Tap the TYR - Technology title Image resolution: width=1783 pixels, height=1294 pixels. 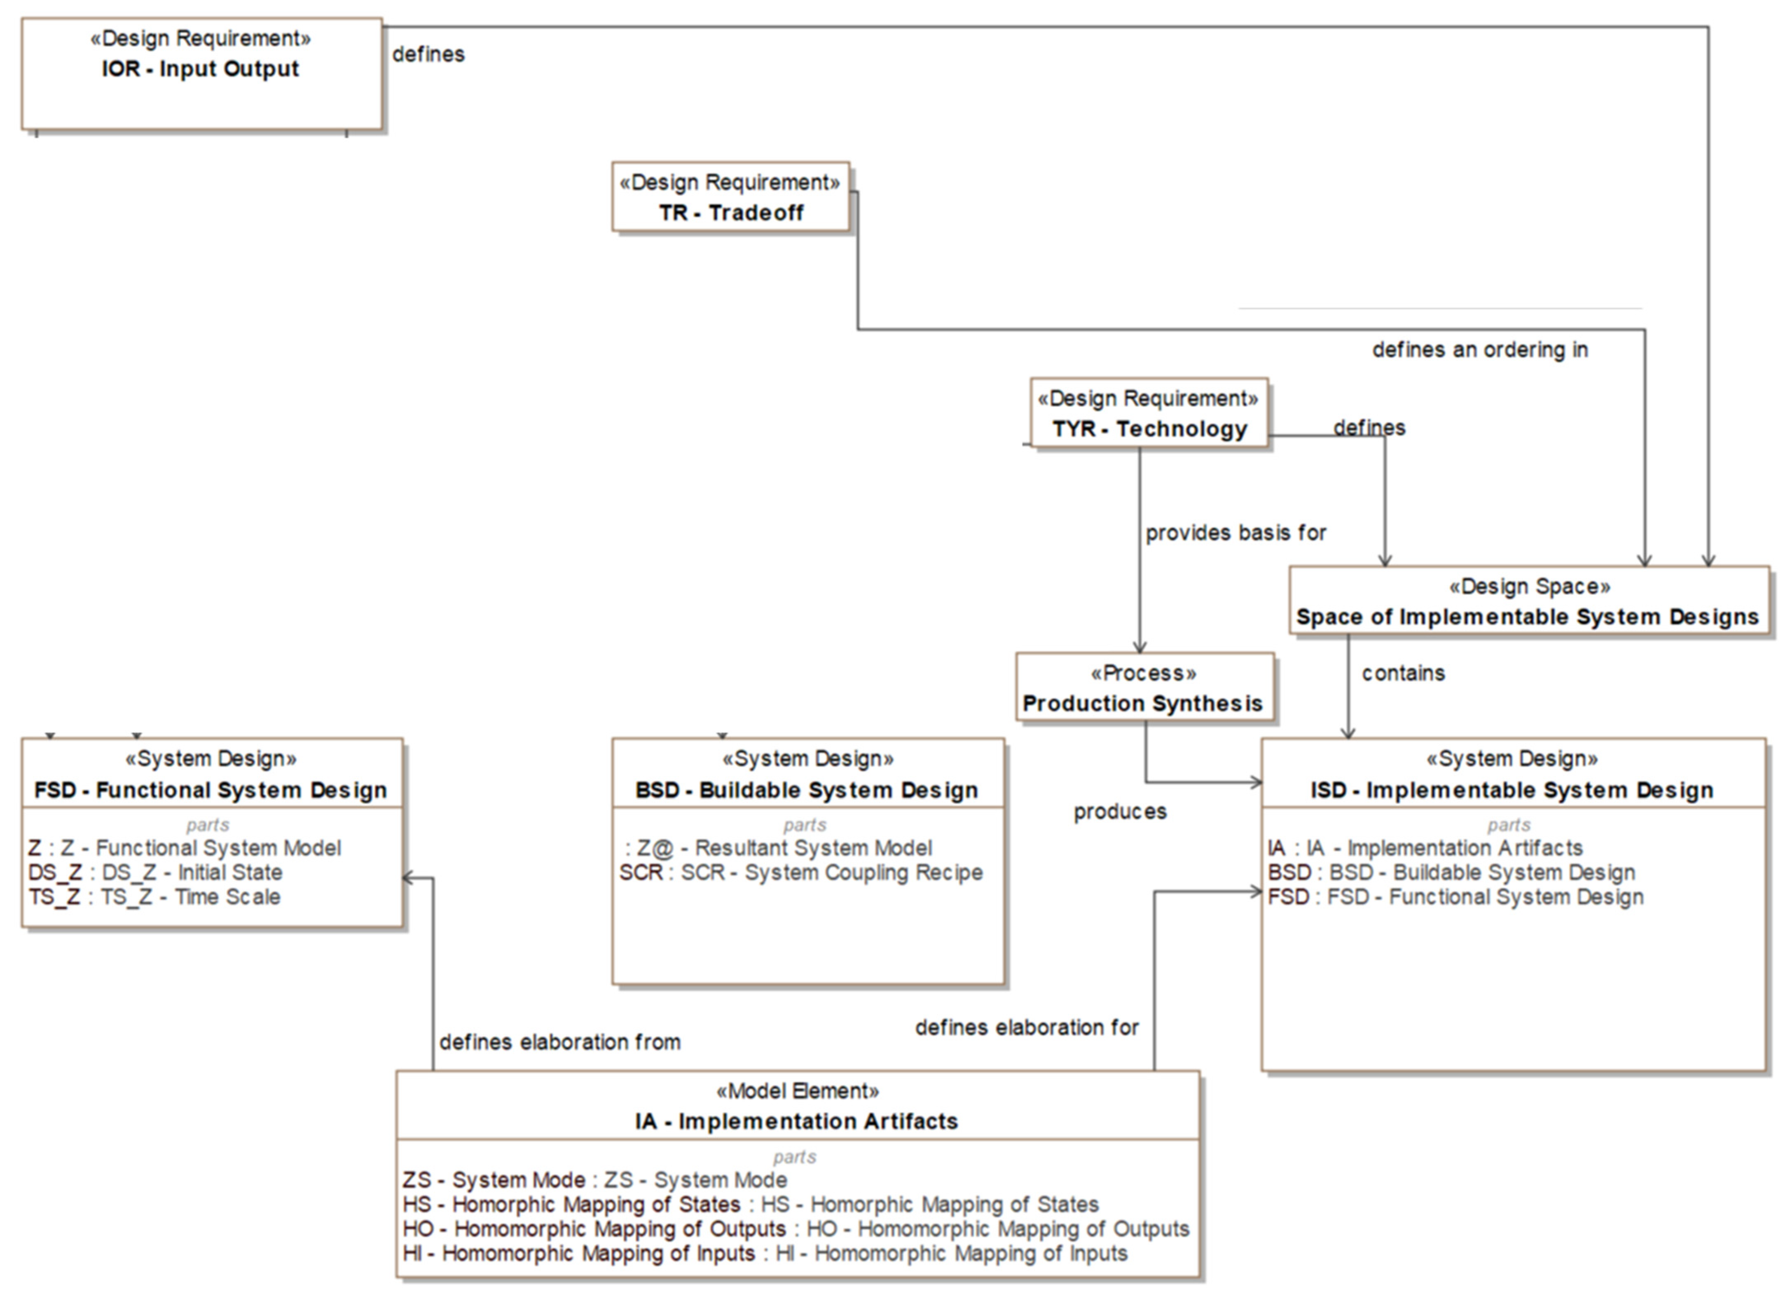coord(1149,429)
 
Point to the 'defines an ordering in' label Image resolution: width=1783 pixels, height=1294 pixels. coord(1479,350)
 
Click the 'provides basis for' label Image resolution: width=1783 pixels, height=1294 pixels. coord(1235,533)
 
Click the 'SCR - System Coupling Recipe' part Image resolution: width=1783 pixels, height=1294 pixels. coord(800,873)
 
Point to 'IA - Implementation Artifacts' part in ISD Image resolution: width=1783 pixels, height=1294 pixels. coord(1425,848)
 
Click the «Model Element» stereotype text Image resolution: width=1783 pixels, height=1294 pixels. coord(797,1091)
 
